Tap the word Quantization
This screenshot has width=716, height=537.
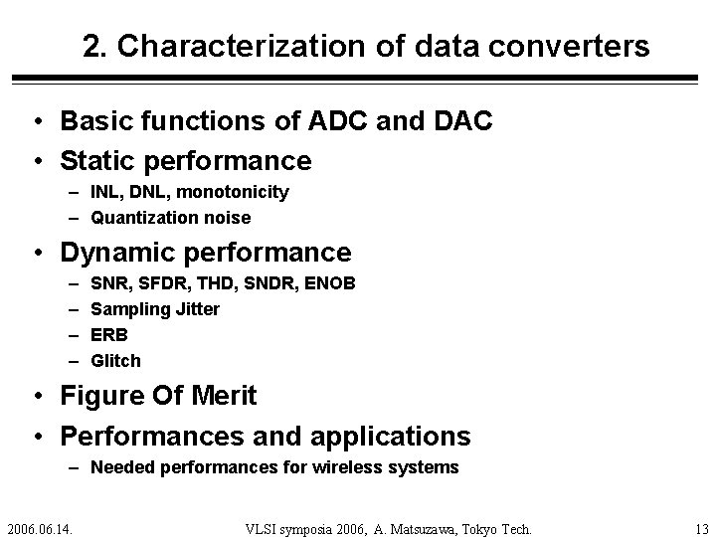[140, 217]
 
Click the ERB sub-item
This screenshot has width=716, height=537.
[109, 335]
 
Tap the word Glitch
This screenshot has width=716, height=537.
[115, 360]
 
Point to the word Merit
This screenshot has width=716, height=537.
[219, 396]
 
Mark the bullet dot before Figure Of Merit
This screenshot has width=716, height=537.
[35, 397]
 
